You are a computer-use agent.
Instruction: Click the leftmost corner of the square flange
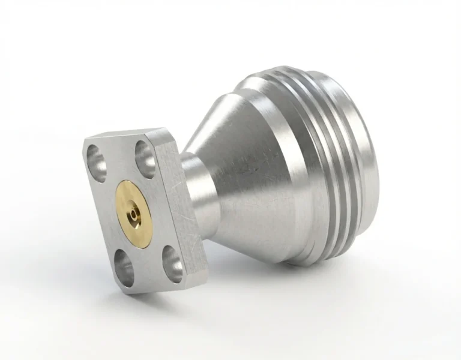point(83,140)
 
